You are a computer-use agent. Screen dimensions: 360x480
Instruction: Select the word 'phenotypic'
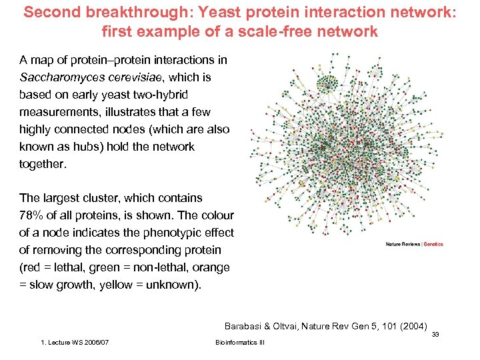pyautogui.click(x=145, y=233)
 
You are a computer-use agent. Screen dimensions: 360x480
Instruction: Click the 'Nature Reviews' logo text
pyautogui.click(x=403, y=244)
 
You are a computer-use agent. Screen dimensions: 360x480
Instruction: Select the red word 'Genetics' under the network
pyautogui.click(x=434, y=244)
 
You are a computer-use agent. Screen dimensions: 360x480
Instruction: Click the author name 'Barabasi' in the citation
pyautogui.click(x=245, y=326)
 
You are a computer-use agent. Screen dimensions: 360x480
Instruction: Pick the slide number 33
pyautogui.click(x=435, y=335)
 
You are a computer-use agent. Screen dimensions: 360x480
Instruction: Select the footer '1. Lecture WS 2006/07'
pyautogui.click(x=75, y=342)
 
